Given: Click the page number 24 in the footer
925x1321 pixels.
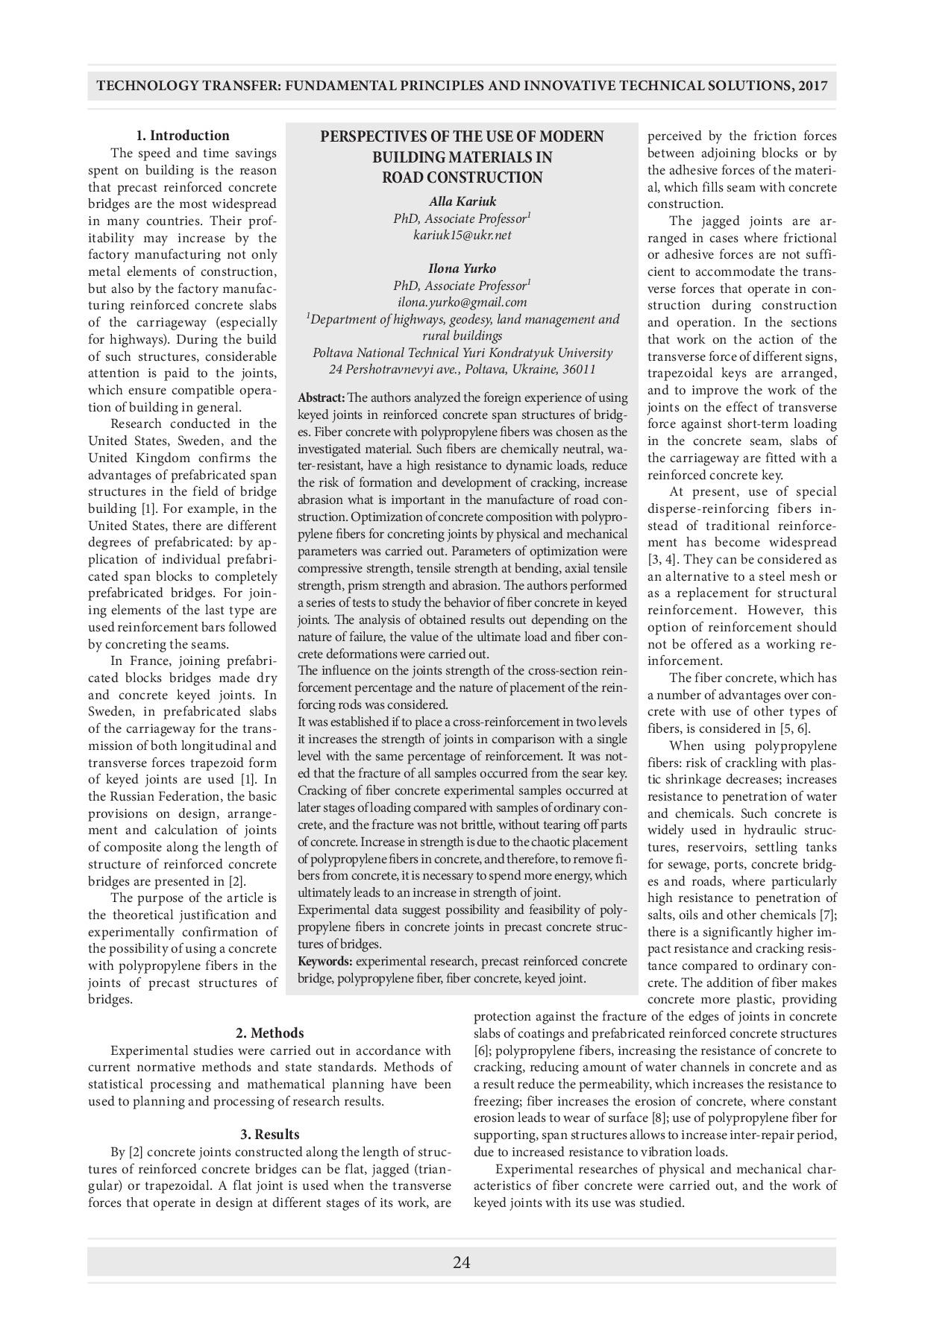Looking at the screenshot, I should tap(461, 1262).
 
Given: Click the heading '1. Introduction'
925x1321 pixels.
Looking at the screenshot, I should tap(182, 136).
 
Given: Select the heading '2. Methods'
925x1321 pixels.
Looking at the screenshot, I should tap(269, 1033).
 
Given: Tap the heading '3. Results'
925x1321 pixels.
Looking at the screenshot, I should tap(269, 1135).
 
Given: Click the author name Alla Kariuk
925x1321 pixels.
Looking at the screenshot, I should tap(462, 201).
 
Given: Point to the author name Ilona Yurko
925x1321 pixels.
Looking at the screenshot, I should tap(462, 268).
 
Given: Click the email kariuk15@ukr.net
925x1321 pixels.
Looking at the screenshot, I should tap(462, 235).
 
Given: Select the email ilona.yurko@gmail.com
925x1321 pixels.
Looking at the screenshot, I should tap(462, 302).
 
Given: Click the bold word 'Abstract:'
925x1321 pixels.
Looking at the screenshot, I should tap(322, 398).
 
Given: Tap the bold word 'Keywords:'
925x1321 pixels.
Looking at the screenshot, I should tap(324, 962).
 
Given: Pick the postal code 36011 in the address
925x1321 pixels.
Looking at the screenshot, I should tap(579, 370).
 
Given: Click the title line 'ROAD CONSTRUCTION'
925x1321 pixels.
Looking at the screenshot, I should tap(462, 177).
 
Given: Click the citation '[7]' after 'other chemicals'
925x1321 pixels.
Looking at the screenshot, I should tap(827, 915).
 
